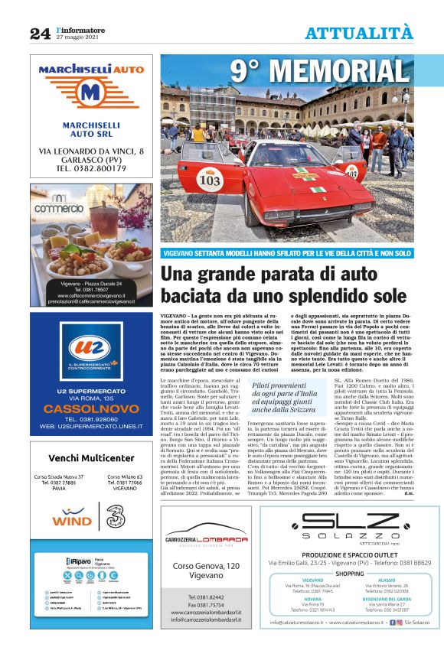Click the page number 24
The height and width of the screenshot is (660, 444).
pos(40,33)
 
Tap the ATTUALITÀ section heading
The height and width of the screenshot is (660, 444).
pos(359,33)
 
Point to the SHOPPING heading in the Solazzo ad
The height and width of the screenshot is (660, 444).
pos(350,572)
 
